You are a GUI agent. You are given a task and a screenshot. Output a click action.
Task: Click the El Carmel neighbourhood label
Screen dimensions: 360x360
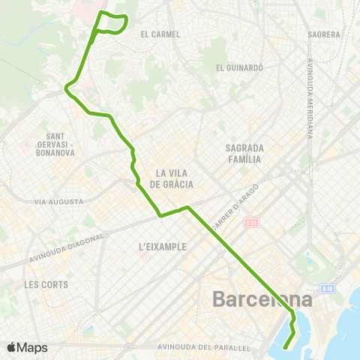(160, 34)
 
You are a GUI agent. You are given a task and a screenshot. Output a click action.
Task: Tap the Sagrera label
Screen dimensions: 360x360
(324, 34)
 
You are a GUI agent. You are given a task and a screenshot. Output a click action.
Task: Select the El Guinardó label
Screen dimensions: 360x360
(239, 67)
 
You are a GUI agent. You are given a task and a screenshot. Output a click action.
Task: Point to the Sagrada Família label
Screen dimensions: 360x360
(244, 153)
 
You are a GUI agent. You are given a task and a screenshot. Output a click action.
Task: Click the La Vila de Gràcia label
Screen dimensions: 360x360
(172, 178)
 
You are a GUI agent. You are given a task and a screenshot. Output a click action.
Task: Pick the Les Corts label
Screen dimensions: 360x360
(46, 284)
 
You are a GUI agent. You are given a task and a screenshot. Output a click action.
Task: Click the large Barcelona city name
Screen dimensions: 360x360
(262, 298)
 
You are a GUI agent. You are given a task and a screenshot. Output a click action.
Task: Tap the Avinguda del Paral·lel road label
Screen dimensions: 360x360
(204, 347)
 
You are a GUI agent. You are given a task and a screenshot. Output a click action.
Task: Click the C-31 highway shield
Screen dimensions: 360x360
(251, 223)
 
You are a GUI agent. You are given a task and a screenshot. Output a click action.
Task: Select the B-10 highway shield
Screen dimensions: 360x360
(327, 288)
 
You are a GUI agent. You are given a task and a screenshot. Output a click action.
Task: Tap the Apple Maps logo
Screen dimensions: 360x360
(27, 347)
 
